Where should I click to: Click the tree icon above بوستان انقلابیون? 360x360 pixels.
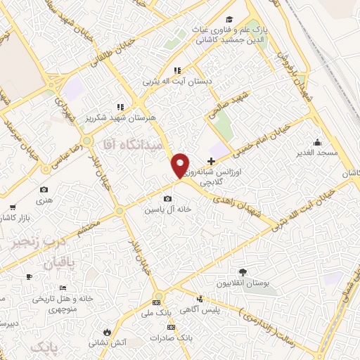click(x=243, y=271)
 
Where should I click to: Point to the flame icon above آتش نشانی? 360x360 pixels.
click(x=105, y=332)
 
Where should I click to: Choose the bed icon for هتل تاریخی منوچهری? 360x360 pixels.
click(x=63, y=288)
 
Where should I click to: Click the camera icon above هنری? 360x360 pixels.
click(x=44, y=189)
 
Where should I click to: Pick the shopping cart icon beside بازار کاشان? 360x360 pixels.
click(x=13, y=207)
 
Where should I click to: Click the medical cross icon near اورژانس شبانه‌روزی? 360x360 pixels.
click(x=211, y=161)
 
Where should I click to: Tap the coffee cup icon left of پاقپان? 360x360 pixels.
click(x=29, y=276)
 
